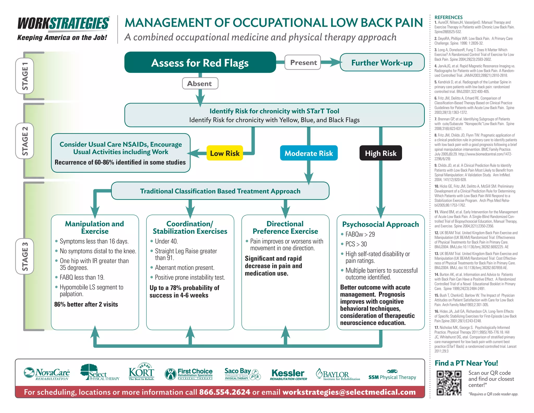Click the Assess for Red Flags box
coord(200,62)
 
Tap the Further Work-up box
coord(382,63)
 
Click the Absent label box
coord(200,84)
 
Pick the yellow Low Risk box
coord(224,153)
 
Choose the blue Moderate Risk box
coord(308,153)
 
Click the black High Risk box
coord(380,153)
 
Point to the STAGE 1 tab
coord(25,76)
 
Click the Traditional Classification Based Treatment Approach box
coord(220,191)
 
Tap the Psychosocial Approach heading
coord(380,224)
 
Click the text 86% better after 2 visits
coord(86,304)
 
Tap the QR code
coord(449,383)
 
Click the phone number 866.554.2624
coord(224,392)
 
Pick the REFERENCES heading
coord(448,17)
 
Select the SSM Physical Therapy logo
coord(392,375)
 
